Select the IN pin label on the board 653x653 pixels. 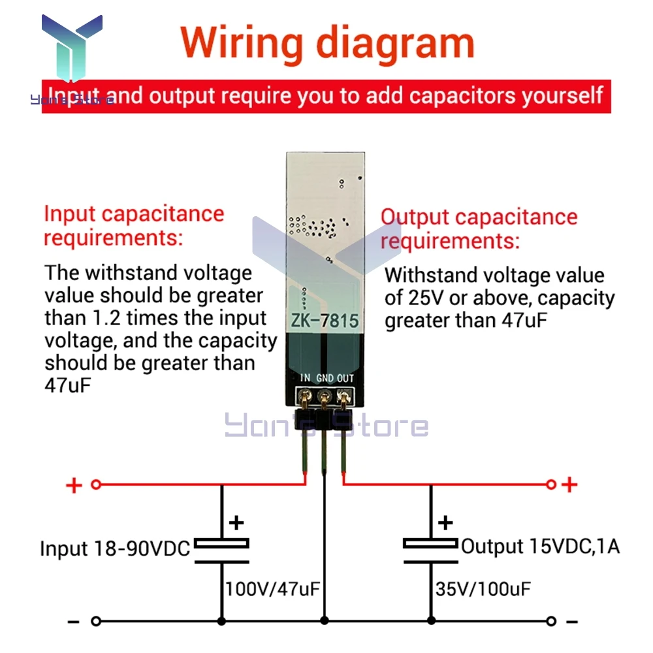click(306, 378)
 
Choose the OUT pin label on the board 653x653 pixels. click(345, 378)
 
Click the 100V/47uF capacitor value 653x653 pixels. click(272, 590)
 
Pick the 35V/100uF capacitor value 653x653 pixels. click(483, 590)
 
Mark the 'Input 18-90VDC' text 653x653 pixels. click(115, 548)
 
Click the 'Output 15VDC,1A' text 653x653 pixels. click(540, 546)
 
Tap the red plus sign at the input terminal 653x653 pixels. click(74, 485)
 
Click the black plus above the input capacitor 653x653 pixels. click(236, 522)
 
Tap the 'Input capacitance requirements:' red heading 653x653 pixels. click(133, 225)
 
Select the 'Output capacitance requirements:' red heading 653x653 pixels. click(479, 229)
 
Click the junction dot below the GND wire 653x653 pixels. click(325, 621)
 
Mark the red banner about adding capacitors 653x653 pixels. click(326, 96)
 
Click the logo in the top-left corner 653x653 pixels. click(72, 49)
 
